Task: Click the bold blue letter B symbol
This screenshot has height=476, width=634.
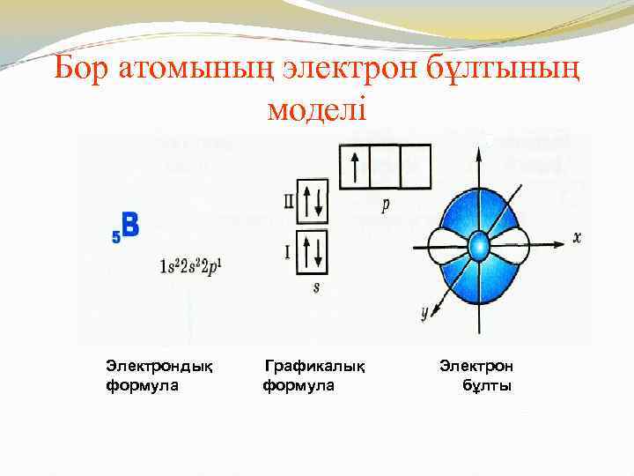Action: [129, 225]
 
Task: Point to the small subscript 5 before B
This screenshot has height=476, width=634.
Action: [115, 235]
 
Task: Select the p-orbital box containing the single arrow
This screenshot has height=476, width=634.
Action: [354, 167]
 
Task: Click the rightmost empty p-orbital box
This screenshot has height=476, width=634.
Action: [416, 167]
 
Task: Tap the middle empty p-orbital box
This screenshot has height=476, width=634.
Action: [385, 167]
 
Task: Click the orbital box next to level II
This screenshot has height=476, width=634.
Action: [313, 202]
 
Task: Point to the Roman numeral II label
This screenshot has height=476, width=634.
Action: [289, 200]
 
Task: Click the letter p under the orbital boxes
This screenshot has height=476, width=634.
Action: [386, 205]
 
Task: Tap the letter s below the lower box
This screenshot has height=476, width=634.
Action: [315, 288]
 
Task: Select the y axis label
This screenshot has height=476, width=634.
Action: [424, 311]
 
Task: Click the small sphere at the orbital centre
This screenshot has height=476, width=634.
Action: [478, 243]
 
